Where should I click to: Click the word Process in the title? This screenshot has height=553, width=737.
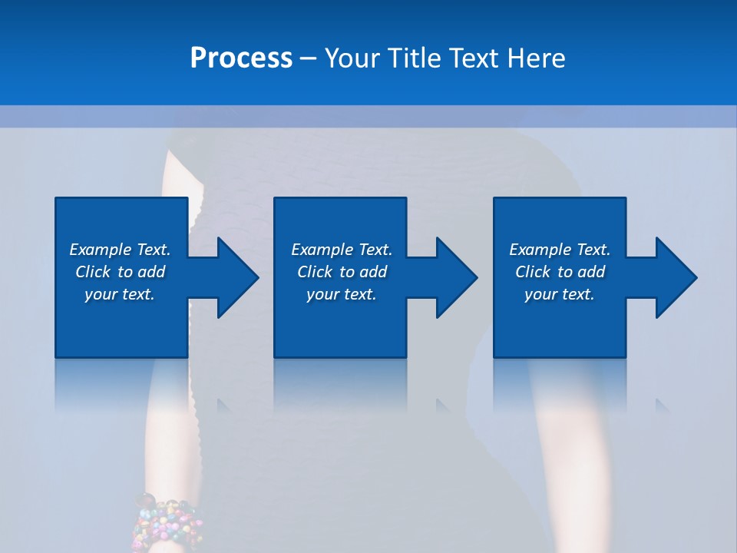[241, 58]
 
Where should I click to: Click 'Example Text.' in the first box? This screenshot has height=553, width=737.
[120, 250]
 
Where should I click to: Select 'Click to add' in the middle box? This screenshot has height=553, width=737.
[342, 272]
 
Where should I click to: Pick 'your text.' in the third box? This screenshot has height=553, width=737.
[559, 294]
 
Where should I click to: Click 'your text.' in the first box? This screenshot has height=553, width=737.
[120, 294]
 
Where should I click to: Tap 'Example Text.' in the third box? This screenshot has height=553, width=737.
[559, 250]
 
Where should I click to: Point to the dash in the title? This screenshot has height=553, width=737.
[309, 59]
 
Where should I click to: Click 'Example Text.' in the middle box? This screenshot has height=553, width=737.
[342, 250]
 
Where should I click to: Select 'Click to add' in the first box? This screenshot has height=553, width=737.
[120, 272]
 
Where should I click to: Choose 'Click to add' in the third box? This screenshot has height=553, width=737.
[559, 272]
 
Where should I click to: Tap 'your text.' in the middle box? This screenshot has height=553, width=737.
[342, 294]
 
